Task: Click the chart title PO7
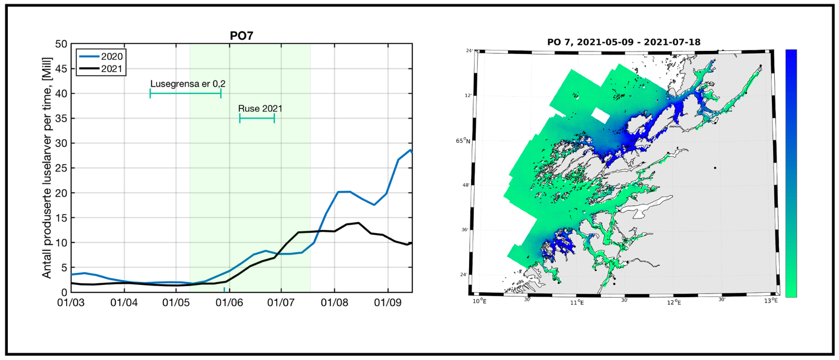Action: click(242, 35)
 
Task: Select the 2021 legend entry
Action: click(102, 68)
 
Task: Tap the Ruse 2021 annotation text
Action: click(260, 109)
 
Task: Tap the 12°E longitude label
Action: click(674, 302)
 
